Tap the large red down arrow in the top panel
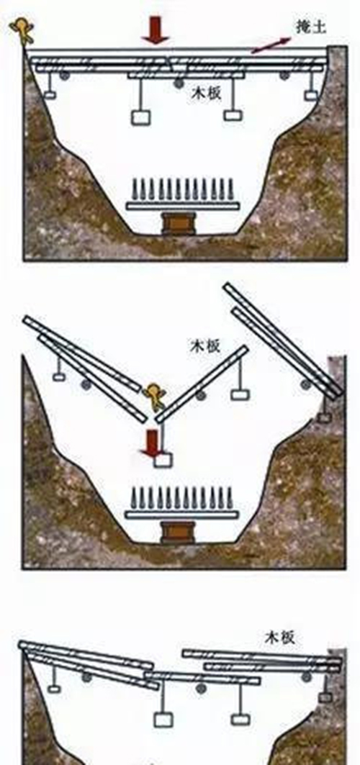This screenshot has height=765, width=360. click(x=156, y=30)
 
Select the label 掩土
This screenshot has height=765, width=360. click(x=311, y=27)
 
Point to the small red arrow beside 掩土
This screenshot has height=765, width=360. click(x=271, y=45)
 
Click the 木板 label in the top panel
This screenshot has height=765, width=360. click(x=206, y=93)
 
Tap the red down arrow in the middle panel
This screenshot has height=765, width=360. click(x=153, y=443)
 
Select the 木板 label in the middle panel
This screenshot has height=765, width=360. click(x=205, y=346)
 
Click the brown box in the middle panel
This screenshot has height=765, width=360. click(x=178, y=532)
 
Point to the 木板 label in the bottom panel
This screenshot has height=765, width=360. click(x=280, y=637)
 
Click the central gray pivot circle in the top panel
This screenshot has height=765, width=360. click(x=179, y=83)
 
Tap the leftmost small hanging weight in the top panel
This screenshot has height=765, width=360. click(x=50, y=94)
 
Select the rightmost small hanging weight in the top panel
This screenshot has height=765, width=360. click(x=311, y=95)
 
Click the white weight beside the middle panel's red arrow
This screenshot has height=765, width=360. click(x=163, y=461)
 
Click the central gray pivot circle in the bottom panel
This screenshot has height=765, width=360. click(x=200, y=689)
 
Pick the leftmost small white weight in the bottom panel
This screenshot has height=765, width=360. click(x=54, y=689)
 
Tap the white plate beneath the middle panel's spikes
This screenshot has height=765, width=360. click(x=182, y=515)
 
